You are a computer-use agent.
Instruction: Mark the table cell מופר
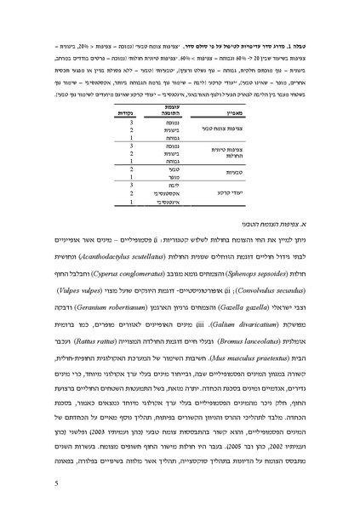(174, 178)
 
